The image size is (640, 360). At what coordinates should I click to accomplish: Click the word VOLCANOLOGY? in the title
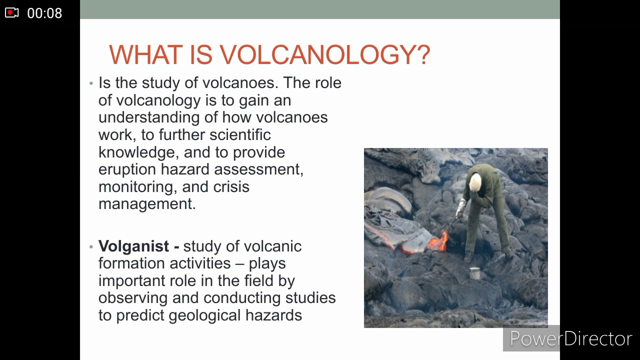324,54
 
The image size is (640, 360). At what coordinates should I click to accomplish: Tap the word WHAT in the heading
146,54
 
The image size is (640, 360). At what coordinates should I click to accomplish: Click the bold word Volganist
133,246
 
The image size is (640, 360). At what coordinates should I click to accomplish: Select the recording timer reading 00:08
44,13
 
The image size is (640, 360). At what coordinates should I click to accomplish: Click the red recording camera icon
12,13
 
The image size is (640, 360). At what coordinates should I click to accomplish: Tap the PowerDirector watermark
570,338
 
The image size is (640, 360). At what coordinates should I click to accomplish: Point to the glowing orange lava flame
438,242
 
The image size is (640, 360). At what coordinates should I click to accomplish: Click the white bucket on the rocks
474,273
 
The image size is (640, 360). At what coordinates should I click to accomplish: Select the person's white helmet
475,181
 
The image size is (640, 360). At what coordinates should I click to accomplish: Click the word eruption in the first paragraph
127,169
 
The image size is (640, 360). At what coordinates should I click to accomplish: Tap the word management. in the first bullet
147,204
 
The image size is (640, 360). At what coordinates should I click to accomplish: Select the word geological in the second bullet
205,315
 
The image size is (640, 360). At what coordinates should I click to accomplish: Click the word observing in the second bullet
133,298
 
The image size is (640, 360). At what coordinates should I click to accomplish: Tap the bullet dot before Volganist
91,246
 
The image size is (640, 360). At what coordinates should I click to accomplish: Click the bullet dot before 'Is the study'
91,83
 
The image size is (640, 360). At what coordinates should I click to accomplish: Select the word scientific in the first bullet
240,135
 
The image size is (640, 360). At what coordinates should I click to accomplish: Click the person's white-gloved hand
460,207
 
